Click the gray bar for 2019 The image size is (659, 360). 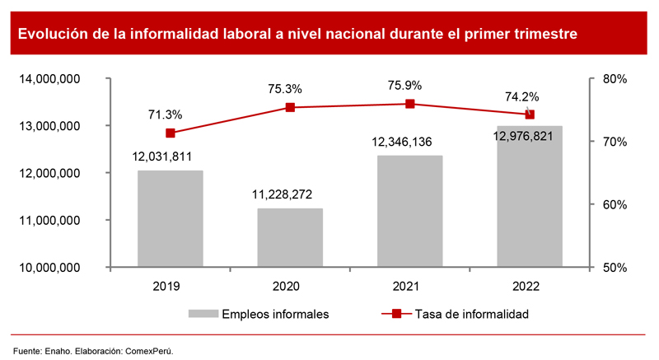(170, 218)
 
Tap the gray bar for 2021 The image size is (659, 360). (409, 211)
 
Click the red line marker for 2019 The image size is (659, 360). (171, 133)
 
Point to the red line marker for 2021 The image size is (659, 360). (409, 104)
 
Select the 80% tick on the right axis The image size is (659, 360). (615, 79)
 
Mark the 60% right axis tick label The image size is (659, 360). (615, 205)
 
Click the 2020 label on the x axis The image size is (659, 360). (289, 286)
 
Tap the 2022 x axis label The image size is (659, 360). (529, 286)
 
